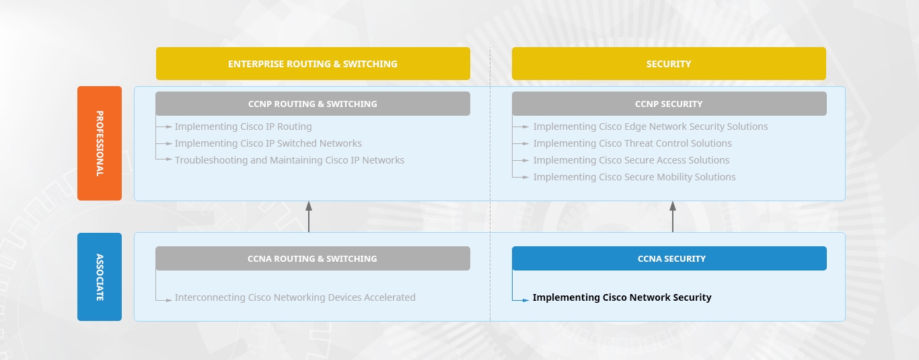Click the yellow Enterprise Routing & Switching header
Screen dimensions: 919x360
[313, 64]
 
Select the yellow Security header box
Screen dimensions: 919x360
[669, 64]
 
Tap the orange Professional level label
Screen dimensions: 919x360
[100, 143]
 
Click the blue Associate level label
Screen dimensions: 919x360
[100, 277]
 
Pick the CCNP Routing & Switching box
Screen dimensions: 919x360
[313, 104]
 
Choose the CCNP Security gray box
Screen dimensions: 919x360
[669, 104]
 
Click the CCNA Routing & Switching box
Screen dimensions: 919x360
[313, 258]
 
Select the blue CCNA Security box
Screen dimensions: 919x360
[669, 258]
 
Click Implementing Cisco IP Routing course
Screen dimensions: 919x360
[244, 127]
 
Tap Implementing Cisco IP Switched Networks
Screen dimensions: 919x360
[268, 144]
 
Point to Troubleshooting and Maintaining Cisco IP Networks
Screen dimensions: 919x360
[290, 160]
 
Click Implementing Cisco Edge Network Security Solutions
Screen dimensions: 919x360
[651, 127]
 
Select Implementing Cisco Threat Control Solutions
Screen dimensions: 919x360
[632, 144]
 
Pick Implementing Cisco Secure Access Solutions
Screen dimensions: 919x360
[632, 161]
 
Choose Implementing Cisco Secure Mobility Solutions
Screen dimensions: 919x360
[634, 178]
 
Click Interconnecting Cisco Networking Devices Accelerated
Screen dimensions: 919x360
[295, 297]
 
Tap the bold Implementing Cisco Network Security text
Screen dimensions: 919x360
[622, 297]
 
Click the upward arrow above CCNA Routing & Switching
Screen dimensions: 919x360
[309, 217]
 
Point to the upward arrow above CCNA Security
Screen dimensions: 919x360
[673, 217]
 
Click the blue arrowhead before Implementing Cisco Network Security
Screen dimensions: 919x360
[525, 301]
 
